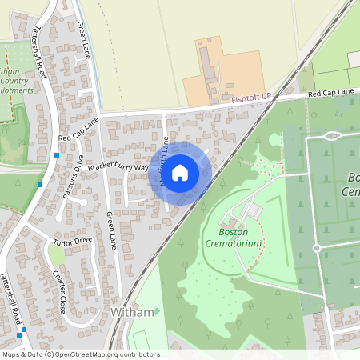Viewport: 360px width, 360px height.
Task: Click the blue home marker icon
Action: click(180, 172)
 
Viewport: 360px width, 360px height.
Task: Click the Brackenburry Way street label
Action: click(118, 168)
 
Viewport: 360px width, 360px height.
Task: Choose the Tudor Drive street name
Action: click(73, 239)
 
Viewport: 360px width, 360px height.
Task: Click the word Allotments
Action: click(18, 91)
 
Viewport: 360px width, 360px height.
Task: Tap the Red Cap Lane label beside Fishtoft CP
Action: click(330, 94)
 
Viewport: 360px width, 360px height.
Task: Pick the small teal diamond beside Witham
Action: click(157, 311)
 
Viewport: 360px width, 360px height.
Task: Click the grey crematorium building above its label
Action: click(250, 210)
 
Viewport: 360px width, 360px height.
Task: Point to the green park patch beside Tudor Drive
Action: click(56, 255)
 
